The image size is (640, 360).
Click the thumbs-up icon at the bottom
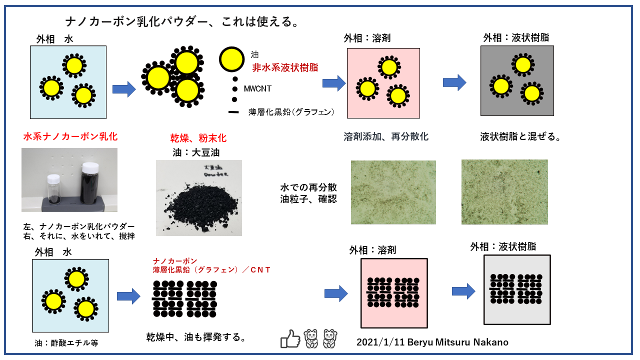click(x=290, y=338)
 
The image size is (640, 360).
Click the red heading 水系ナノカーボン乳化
click(x=70, y=136)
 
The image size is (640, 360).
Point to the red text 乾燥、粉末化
click(x=198, y=138)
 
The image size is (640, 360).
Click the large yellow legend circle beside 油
click(x=232, y=59)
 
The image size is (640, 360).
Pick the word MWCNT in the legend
click(x=258, y=88)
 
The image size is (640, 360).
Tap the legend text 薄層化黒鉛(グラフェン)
click(x=291, y=112)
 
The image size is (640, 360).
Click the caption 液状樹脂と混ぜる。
click(x=520, y=136)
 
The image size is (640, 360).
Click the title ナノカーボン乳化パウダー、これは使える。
click(x=182, y=22)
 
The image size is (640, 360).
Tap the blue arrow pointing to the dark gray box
click(x=454, y=82)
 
